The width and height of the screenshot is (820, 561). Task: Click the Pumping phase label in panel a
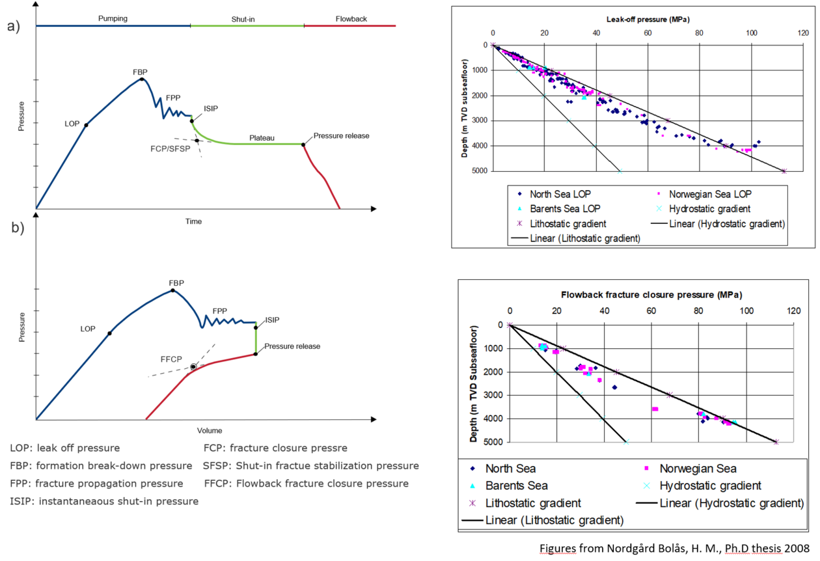pyautogui.click(x=113, y=19)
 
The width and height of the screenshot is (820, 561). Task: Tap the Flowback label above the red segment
pyautogui.click(x=351, y=19)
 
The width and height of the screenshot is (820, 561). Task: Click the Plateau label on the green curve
pyautogui.click(x=262, y=138)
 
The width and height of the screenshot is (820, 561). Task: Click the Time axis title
pyautogui.click(x=193, y=221)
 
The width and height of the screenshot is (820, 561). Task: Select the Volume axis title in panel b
pyautogui.click(x=210, y=430)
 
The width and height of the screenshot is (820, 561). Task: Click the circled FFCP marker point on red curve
pyautogui.click(x=193, y=367)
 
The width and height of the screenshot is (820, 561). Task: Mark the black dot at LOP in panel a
pyautogui.click(x=86, y=124)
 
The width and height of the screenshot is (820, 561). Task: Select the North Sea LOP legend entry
pyautogui.click(x=554, y=194)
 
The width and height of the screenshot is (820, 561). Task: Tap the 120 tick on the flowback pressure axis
pyautogui.click(x=793, y=310)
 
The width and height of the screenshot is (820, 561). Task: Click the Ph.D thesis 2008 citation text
pyautogui.click(x=676, y=548)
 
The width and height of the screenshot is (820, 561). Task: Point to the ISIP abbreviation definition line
pyautogui.click(x=104, y=501)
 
